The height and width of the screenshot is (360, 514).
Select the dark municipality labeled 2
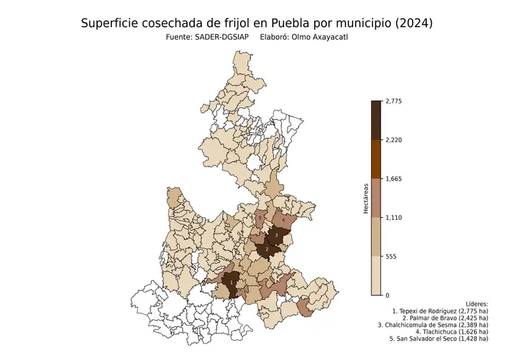[266, 249]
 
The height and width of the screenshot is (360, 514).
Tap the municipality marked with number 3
[276, 235]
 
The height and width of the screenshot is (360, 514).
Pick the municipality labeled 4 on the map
[284, 221]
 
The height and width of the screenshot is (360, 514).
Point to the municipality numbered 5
[261, 218]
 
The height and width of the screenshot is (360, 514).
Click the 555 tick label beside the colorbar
[391, 256]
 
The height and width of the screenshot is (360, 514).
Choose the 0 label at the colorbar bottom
[387, 295]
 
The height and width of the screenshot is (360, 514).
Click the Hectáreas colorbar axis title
[365, 199]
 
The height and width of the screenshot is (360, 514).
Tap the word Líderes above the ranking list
[475, 303]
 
